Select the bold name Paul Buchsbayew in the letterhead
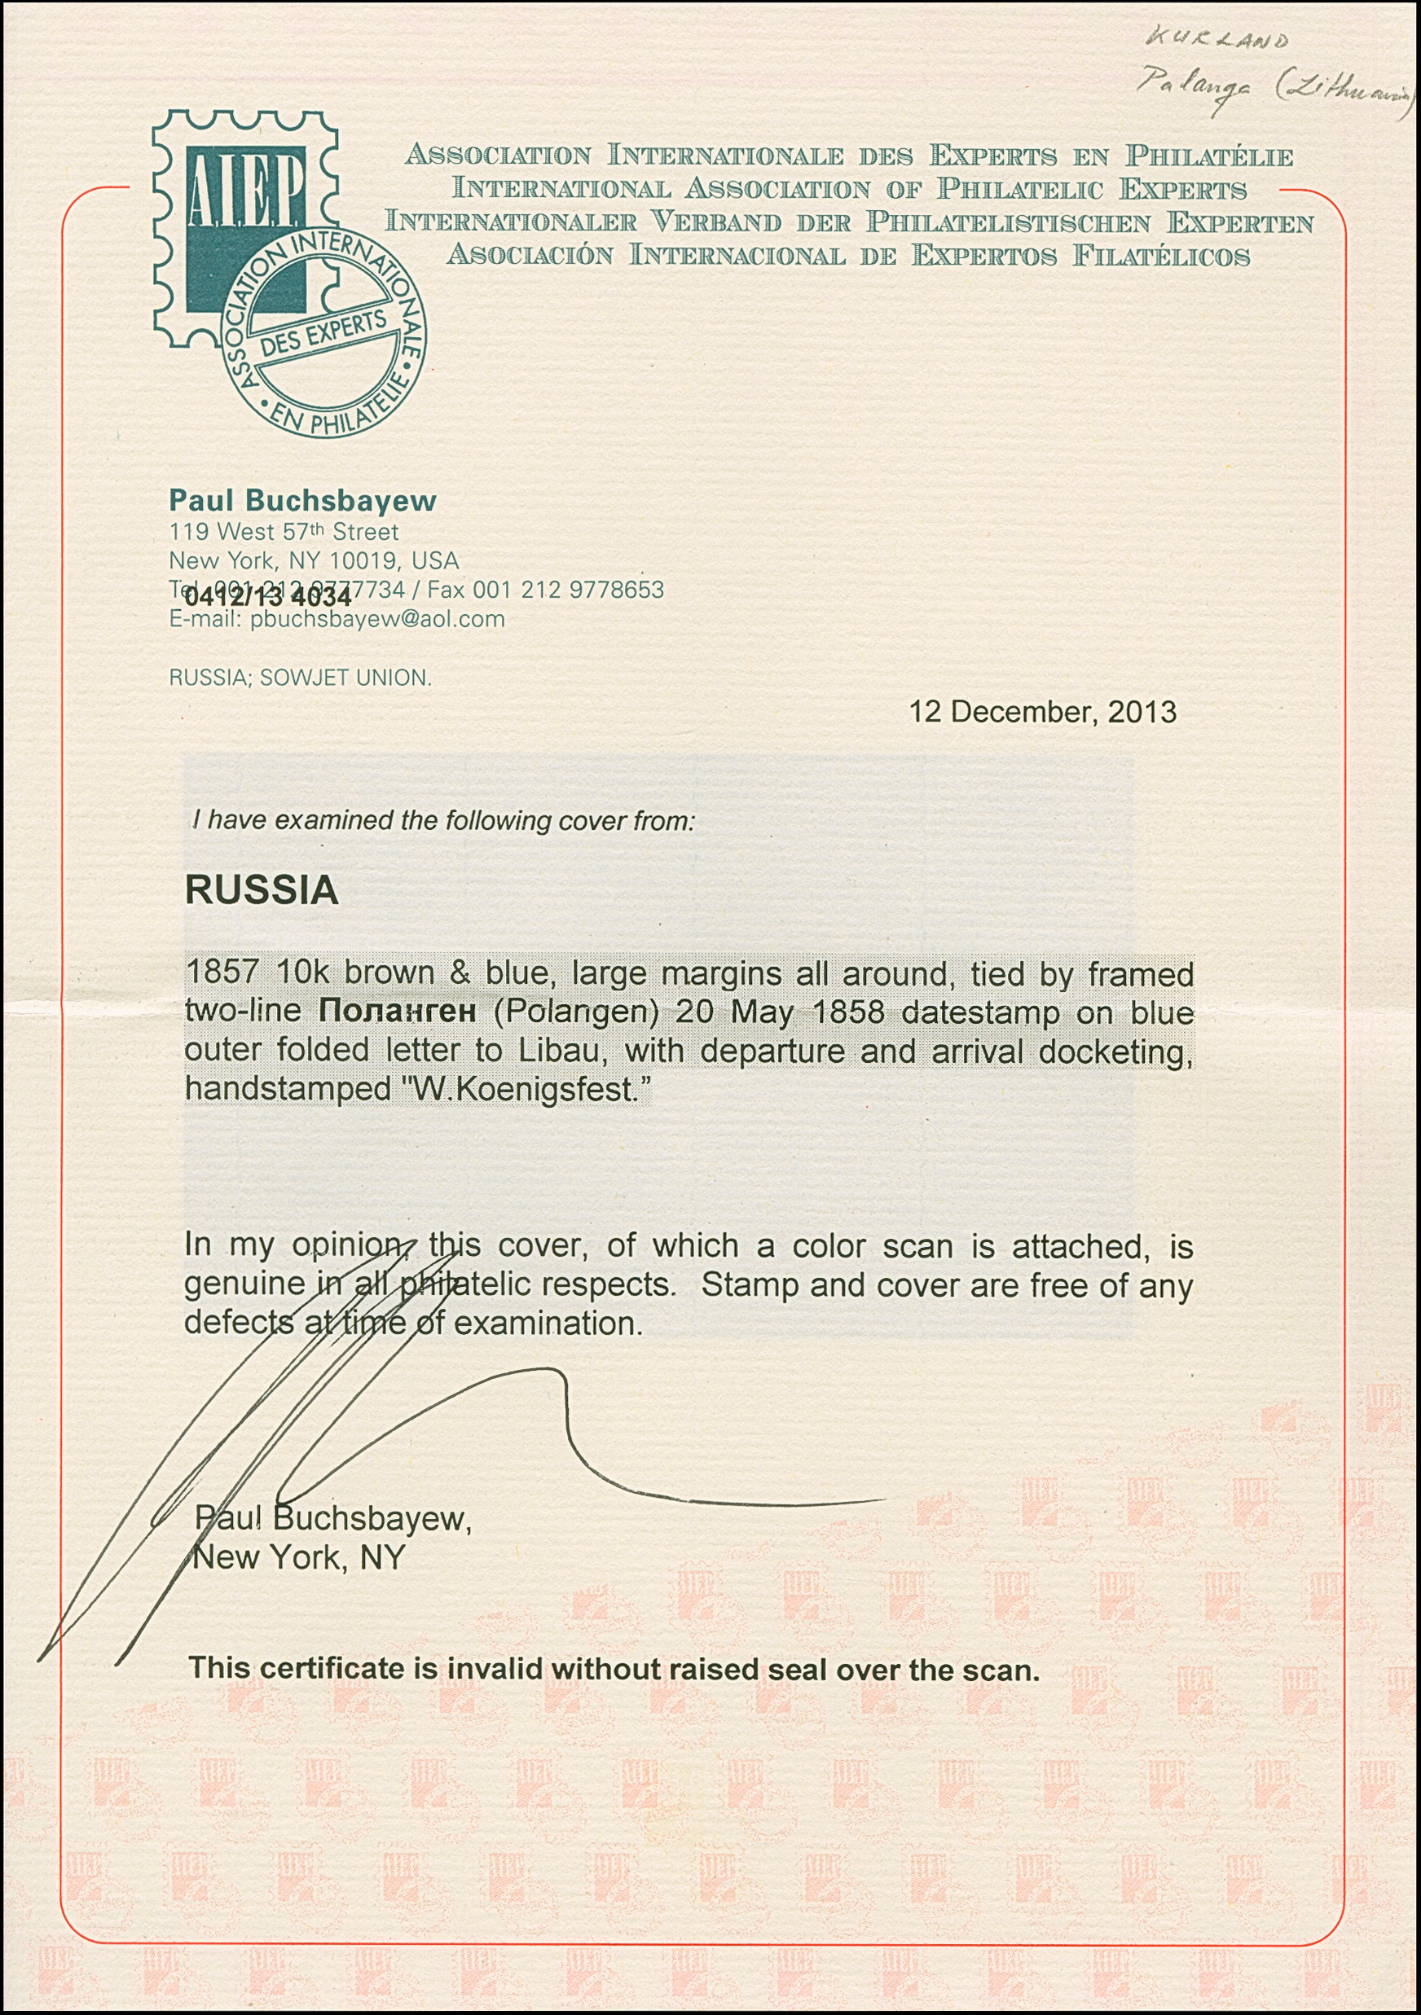pos(302,500)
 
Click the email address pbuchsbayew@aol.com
pos(376,620)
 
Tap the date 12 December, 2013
pos(1042,712)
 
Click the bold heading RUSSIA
pos(262,890)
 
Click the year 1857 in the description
pos(222,973)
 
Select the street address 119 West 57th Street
pos(284,532)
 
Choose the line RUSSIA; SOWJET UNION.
pos(299,678)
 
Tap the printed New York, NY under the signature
pos(299,1558)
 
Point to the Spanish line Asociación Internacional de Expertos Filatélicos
pos(847,256)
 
